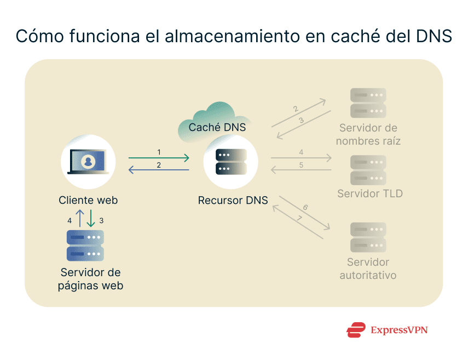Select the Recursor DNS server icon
[x=231, y=162]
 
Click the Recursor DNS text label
[x=233, y=201]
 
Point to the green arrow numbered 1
[x=159, y=158]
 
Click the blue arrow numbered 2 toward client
[x=159, y=170]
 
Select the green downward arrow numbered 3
[x=91, y=218]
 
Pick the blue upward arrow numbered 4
[x=79, y=218]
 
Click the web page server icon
[x=85, y=245]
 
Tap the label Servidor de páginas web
[x=90, y=279]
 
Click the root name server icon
[x=368, y=104]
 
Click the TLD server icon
[x=368, y=170]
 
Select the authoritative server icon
[x=368, y=237]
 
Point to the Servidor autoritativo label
[x=368, y=268]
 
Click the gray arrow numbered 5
[x=301, y=170]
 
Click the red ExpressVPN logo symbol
[x=356, y=330]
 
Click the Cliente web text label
[x=88, y=201]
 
